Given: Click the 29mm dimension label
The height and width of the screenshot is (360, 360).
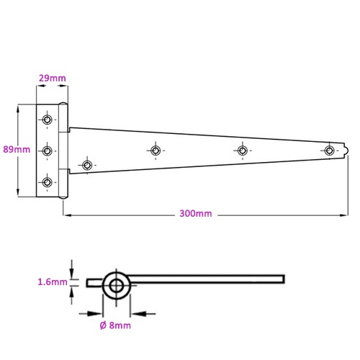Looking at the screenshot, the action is tap(53, 78).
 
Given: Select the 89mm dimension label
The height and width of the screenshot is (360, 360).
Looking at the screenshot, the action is tap(17, 150).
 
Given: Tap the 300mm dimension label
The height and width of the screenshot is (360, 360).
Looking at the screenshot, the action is tap(196, 214).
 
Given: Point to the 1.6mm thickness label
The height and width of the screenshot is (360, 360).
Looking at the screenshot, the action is tap(53, 282).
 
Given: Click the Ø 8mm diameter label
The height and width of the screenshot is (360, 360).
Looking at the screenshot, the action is tap(115, 325).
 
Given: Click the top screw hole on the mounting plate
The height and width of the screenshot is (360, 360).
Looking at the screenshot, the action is tap(47, 120).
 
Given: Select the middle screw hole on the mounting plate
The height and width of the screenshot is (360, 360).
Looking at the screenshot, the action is tap(47, 151).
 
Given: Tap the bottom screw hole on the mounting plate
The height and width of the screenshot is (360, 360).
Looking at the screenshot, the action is tap(47, 182).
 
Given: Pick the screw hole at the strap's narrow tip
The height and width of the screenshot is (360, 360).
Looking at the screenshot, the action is tap(329, 150).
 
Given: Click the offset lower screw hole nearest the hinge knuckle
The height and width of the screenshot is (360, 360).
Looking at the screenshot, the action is tap(87, 165).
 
